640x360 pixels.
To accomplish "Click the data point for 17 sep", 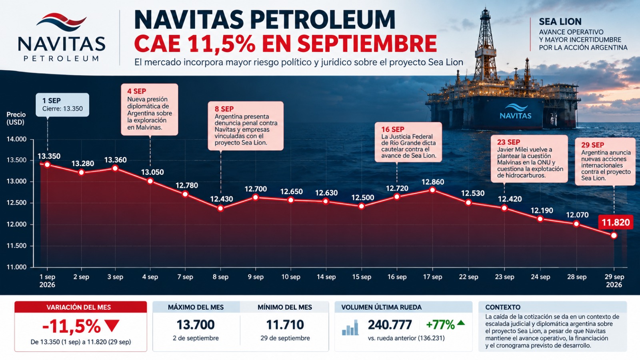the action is click(432, 190).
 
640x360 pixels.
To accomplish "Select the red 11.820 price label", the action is click(616, 222).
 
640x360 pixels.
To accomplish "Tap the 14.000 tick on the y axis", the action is click(16, 140).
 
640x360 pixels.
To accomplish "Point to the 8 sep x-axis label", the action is click(220, 277).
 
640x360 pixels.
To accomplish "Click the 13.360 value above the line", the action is click(116, 160).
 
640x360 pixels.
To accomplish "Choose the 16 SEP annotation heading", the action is click(392, 130).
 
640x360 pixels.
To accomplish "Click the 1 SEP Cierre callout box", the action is click(62, 104).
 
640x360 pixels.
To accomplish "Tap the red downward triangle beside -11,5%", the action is click(112, 326).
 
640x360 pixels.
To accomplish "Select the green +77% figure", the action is click(440, 325).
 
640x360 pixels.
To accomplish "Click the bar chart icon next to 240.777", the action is click(350, 328).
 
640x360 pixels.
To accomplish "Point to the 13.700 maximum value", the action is click(196, 325).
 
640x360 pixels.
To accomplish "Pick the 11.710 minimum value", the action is click(285, 325).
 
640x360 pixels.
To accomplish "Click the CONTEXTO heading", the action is click(503, 308).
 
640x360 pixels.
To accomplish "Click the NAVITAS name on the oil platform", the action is click(516, 116).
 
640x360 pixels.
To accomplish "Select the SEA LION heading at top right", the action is click(560, 22).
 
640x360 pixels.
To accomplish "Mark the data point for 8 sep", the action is click(220, 208).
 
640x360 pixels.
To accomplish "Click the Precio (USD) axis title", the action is click(16, 118).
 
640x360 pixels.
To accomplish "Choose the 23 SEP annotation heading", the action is click(508, 142).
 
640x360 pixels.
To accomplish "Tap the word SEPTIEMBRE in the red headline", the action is click(367, 44).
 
